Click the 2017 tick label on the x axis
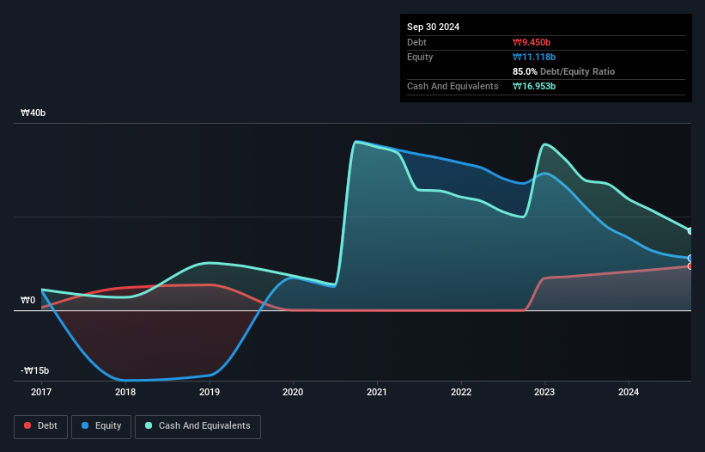click(41, 392)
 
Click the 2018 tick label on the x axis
click(125, 392)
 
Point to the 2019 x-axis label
click(209, 392)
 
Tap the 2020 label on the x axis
click(293, 392)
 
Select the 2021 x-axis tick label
click(377, 392)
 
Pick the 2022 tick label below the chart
click(461, 392)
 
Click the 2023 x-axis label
click(544, 392)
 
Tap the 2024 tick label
click(629, 392)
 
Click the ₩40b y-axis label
click(34, 113)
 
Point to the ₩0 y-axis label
click(28, 300)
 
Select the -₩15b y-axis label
click(34, 370)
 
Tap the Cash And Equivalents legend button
click(198, 425)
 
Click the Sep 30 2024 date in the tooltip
click(433, 27)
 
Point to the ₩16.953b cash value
click(536, 86)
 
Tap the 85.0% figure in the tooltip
click(526, 71)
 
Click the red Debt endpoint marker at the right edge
click(690, 266)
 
